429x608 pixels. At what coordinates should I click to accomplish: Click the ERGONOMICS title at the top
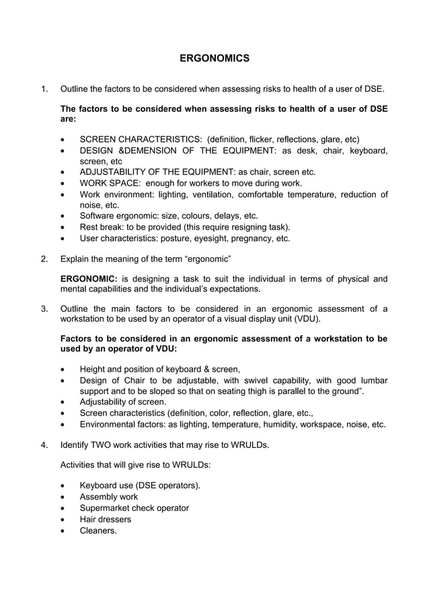point(214,59)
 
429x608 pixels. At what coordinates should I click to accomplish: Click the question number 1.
point(44,89)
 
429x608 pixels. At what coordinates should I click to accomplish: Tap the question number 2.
point(44,259)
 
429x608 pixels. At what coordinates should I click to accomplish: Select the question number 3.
point(44,309)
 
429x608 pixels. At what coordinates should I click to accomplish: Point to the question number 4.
point(44,445)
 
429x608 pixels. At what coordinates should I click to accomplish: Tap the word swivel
point(249,380)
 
